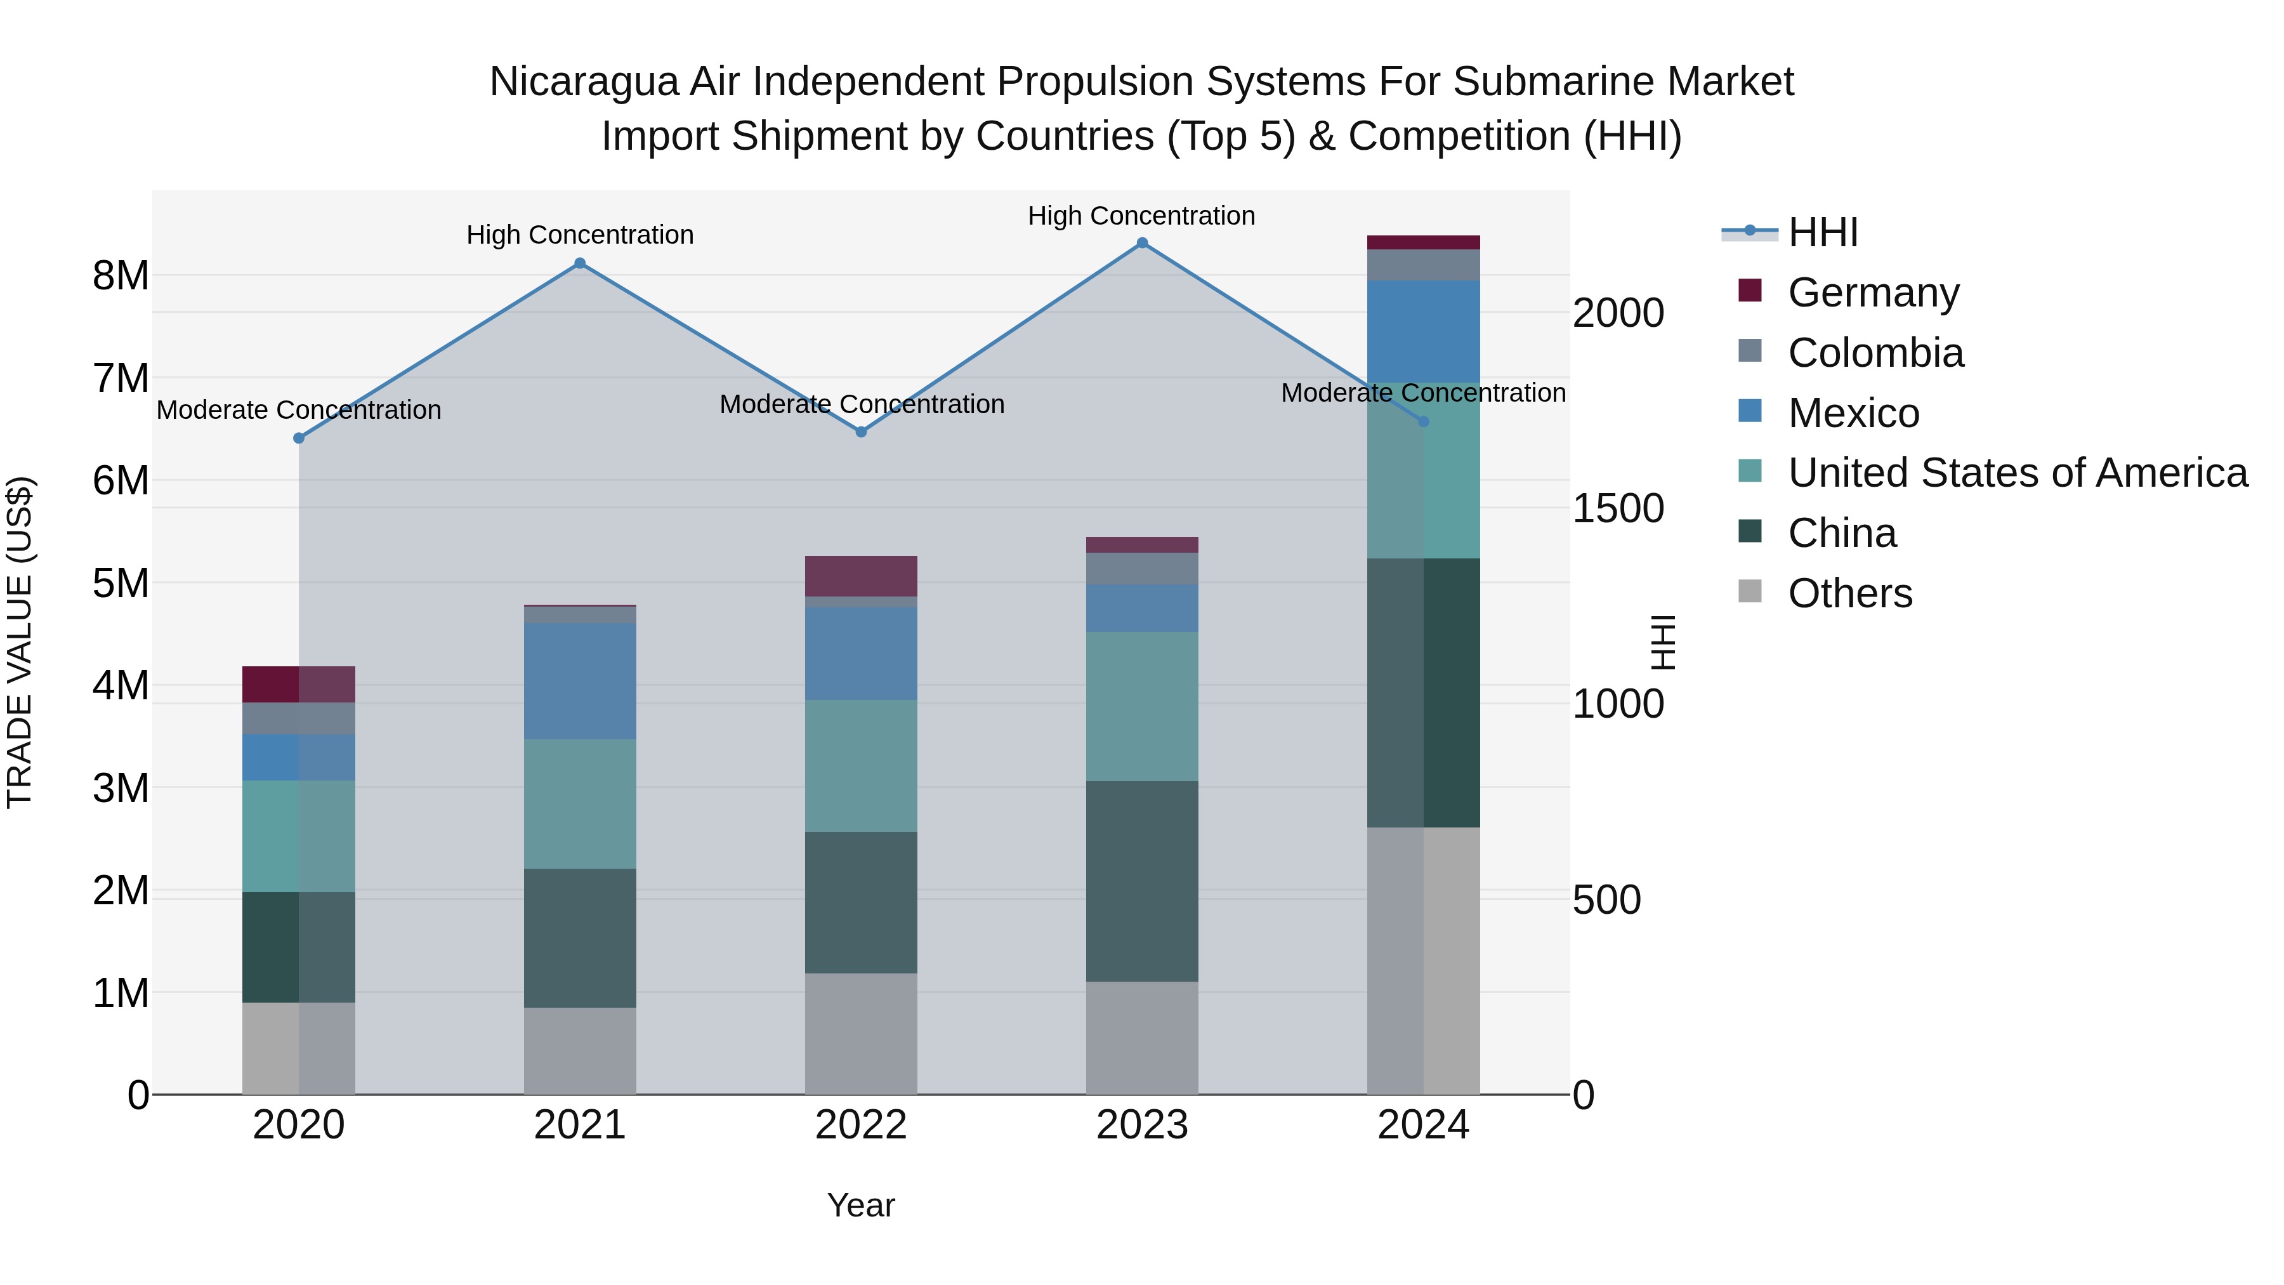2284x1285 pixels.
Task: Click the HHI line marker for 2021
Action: tap(580, 263)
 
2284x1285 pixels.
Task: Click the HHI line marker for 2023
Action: tap(1142, 243)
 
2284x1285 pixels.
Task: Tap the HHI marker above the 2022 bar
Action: tap(861, 432)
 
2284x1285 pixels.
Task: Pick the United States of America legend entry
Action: tap(2017, 473)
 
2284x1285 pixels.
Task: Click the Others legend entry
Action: tap(1849, 593)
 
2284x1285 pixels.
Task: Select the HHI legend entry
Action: tap(1822, 232)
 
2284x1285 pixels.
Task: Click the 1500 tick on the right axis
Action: tap(1618, 509)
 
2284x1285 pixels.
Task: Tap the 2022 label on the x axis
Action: tap(861, 1125)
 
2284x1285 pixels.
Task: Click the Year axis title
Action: tap(861, 1205)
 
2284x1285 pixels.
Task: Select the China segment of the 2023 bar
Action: tap(1142, 881)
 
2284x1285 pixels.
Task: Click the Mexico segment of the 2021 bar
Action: tap(580, 681)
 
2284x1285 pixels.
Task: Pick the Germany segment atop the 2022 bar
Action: tap(861, 576)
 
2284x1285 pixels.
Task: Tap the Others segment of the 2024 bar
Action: tap(1423, 961)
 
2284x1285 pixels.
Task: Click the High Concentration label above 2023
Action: tap(1141, 216)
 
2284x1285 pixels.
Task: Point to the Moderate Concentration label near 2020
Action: tap(299, 410)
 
